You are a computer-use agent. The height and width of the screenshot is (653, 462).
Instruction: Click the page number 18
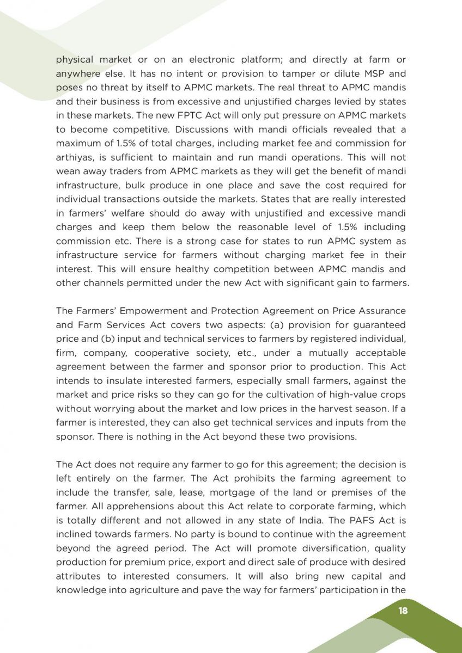403,611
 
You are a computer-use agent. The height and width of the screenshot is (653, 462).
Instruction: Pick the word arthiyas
74,158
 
